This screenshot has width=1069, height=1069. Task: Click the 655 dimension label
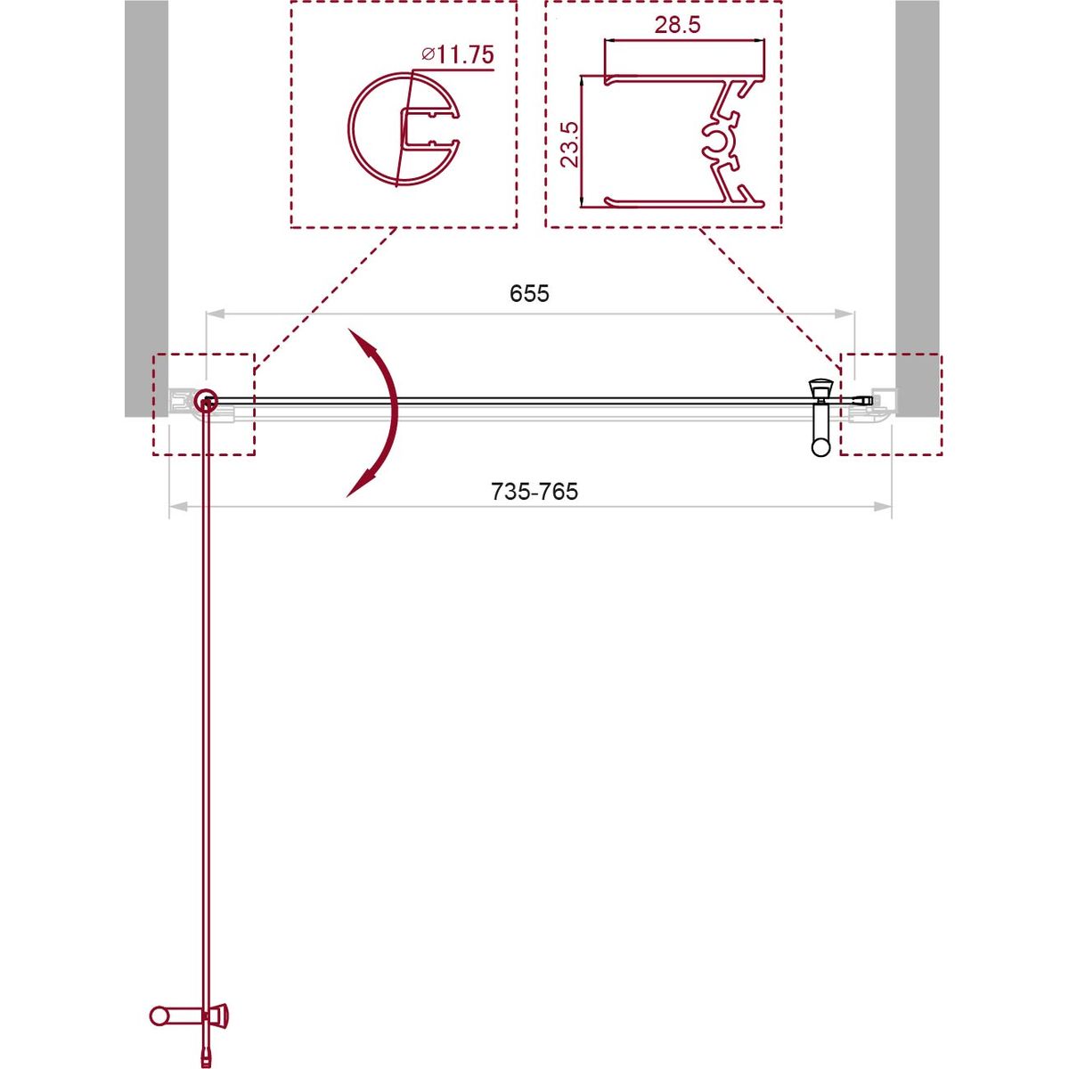528,293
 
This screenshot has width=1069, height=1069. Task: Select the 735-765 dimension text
534,492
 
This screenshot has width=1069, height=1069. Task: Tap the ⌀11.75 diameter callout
457,54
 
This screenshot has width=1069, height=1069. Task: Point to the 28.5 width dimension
677,25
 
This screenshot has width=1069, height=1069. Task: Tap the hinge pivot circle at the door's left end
207,399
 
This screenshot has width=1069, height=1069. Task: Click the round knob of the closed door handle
821,446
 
